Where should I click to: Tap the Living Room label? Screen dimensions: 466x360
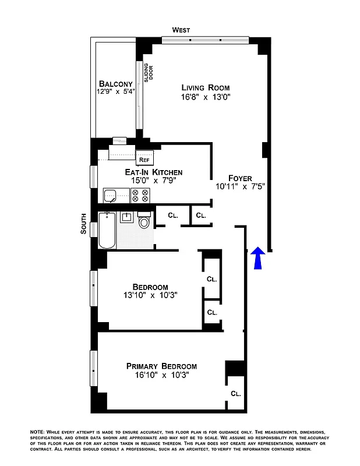[206, 88]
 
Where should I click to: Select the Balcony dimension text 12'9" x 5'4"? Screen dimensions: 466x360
[116, 91]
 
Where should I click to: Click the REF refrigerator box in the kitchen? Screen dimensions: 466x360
[144, 158]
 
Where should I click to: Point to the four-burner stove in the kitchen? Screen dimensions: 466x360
[140, 195]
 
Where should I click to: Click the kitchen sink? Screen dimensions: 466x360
[111, 195]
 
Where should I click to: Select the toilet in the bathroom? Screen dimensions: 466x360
[144, 223]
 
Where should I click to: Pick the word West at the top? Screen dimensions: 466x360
[181, 30]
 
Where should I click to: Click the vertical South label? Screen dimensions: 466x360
[84, 224]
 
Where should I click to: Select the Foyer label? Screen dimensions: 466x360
[240, 178]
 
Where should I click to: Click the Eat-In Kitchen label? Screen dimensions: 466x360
[154, 172]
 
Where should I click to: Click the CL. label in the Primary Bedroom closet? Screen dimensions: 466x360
[235, 393]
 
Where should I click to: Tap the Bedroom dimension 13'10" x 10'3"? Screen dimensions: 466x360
[150, 296]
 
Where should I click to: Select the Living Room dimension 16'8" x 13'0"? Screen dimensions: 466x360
[206, 98]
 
